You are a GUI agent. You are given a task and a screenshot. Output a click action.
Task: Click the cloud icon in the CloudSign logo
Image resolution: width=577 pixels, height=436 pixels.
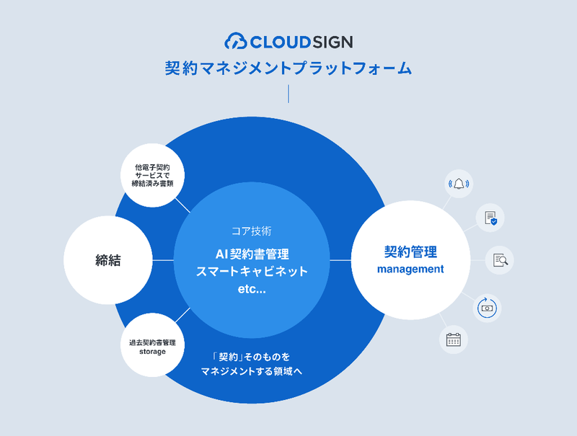tap(236, 41)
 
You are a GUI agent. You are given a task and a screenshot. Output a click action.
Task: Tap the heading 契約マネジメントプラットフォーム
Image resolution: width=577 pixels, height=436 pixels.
tap(288, 68)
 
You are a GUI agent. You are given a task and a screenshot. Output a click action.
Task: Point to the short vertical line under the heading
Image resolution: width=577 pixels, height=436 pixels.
tap(288, 94)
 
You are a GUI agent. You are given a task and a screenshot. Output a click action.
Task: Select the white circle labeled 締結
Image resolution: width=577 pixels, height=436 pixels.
tap(107, 260)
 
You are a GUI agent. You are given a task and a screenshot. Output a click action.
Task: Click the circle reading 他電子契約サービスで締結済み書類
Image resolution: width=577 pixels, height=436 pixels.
tap(152, 175)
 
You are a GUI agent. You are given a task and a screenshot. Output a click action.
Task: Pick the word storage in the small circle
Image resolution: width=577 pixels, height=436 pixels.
tap(152, 352)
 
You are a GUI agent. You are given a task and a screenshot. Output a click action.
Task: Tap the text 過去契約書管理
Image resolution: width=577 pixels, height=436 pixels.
tap(152, 342)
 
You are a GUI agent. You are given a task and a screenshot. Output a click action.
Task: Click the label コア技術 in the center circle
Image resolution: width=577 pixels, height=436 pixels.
tap(252, 231)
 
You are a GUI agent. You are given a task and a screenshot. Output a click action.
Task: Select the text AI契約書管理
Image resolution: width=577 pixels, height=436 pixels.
tap(252, 254)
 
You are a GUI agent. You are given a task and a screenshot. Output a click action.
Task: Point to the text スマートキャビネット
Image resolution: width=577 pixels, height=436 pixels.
tap(252, 271)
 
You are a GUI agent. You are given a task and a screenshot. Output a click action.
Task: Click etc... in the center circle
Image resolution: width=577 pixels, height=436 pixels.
tap(252, 289)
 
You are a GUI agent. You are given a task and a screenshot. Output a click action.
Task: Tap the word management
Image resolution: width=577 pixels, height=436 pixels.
tap(410, 269)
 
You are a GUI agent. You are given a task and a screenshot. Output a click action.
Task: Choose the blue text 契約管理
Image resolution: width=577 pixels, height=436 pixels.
tap(410, 252)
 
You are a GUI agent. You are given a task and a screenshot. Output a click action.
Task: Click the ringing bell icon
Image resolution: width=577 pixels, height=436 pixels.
tap(459, 184)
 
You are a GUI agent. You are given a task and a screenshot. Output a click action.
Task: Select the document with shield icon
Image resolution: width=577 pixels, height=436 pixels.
tap(490, 218)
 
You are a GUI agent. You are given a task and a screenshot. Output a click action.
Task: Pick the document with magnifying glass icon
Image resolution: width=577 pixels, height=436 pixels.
tap(501, 260)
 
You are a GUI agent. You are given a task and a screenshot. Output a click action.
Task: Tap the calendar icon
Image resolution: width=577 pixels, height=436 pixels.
tap(454, 339)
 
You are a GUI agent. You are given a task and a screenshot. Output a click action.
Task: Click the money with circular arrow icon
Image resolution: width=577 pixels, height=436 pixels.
tap(487, 308)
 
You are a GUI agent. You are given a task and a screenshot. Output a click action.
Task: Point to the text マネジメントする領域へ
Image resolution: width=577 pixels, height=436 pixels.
tap(252, 371)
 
